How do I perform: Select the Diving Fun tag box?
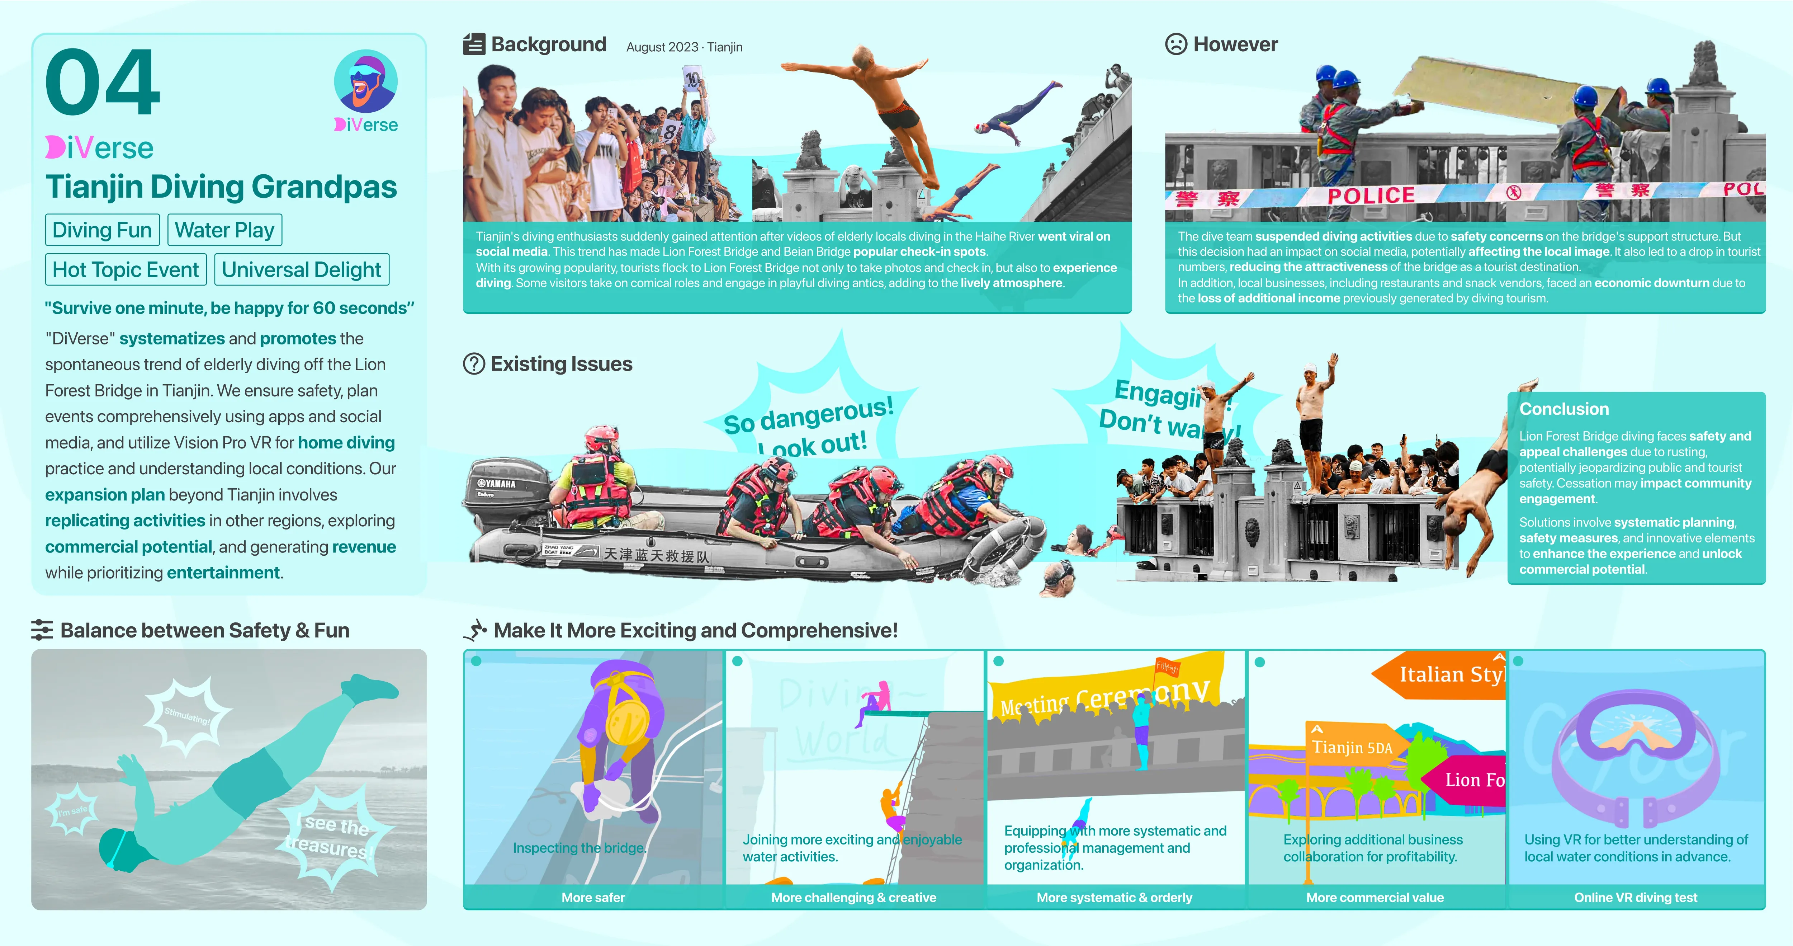102,230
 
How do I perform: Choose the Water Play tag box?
224,230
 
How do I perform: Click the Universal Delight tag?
301,269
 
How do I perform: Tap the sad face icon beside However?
1175,44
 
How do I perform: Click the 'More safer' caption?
593,897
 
